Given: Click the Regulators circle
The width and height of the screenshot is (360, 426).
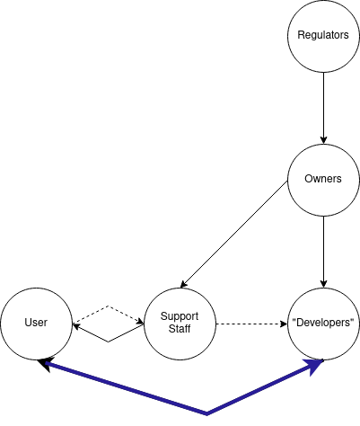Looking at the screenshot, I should [x=323, y=36].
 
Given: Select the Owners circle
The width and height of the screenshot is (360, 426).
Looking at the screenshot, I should [x=323, y=180].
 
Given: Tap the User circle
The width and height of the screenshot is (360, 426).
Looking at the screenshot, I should [x=36, y=324].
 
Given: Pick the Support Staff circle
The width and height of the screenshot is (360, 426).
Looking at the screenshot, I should [x=180, y=324].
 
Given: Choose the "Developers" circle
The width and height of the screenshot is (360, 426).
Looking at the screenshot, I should [x=323, y=324].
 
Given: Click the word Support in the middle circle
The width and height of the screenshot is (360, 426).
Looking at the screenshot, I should [x=180, y=317].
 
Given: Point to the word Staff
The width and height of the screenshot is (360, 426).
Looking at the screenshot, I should [x=180, y=330].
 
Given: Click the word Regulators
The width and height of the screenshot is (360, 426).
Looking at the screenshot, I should [x=323, y=36].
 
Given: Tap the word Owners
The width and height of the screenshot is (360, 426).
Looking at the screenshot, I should [x=323, y=180].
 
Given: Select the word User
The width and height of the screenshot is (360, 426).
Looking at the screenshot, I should [x=36, y=324].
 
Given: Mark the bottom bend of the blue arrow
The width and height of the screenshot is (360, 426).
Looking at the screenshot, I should [x=207, y=413].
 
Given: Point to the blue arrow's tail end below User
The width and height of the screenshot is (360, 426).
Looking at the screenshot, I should [x=47, y=364].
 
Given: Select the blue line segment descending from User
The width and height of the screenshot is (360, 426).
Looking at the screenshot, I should [x=126, y=388].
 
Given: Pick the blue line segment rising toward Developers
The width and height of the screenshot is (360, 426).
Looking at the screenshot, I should [x=260, y=389].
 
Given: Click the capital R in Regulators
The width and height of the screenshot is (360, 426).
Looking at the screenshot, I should [x=301, y=36].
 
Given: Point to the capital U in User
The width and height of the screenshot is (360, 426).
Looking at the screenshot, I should [x=27, y=324].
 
